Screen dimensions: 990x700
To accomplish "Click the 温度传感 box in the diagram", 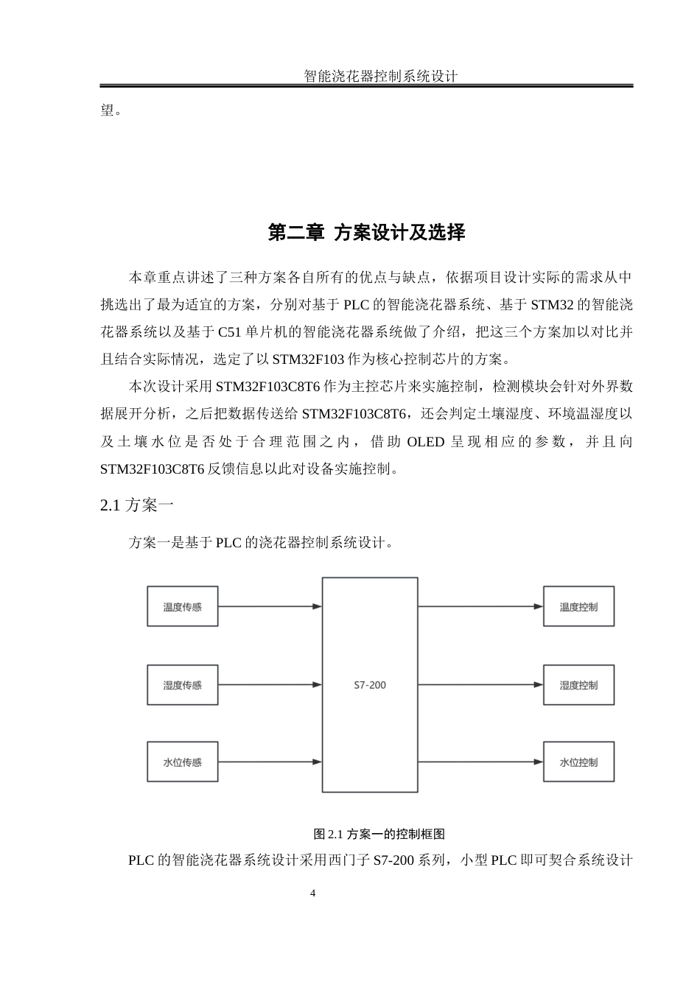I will pyautogui.click(x=182, y=607).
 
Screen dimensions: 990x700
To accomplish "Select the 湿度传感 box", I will pyautogui.click(x=182, y=685).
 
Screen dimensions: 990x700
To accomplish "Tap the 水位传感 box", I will pyautogui.click(x=182, y=762).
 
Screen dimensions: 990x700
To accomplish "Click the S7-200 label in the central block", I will pyautogui.click(x=370, y=685).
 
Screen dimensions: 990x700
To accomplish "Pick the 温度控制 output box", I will pyautogui.click(x=578, y=607).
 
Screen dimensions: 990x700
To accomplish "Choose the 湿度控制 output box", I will pyautogui.click(x=578, y=685).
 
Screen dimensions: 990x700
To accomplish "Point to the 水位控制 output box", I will pyautogui.click(x=578, y=762).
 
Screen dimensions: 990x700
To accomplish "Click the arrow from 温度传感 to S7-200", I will pyautogui.click(x=270, y=607).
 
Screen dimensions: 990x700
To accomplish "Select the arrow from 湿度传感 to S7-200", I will pyautogui.click(x=270, y=685).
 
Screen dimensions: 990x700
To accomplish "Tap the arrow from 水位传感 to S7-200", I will pyautogui.click(x=270, y=762).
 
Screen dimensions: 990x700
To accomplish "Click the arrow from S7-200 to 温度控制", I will pyautogui.click(x=480, y=607).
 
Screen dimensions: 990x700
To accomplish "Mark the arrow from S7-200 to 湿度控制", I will pyautogui.click(x=480, y=685).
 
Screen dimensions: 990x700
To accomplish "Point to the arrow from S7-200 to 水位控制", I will pyautogui.click(x=480, y=762).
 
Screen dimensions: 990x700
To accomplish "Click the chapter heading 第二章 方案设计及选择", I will pyautogui.click(x=366, y=233).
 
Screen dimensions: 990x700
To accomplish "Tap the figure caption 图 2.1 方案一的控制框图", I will pyautogui.click(x=379, y=834).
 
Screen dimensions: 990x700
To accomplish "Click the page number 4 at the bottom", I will pyautogui.click(x=313, y=894).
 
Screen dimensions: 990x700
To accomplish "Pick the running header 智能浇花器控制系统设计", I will pyautogui.click(x=381, y=76).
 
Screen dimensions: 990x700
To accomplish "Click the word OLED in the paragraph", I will pyautogui.click(x=426, y=442).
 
